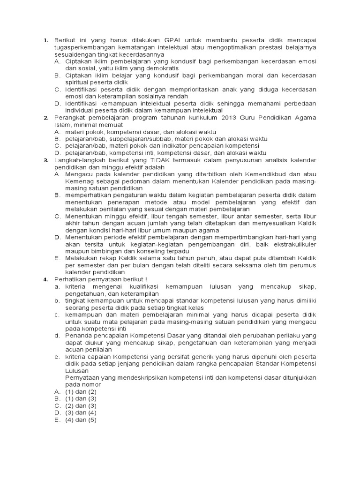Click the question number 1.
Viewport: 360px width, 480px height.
point(45,41)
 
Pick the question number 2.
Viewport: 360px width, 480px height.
point(45,118)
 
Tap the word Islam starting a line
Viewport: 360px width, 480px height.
point(62,125)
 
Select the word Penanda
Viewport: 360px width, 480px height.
point(78,335)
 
